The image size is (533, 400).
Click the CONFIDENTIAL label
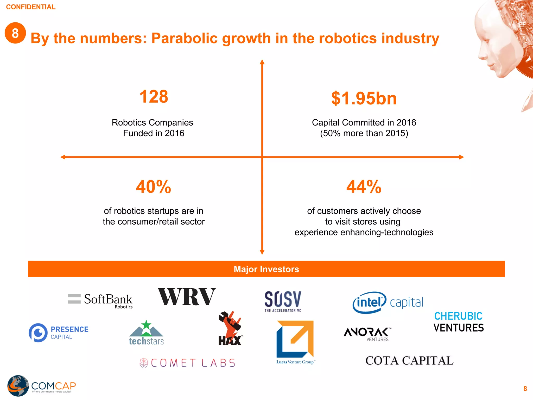coord(31,7)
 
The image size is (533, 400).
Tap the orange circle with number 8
coord(15,33)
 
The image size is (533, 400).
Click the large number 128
coord(154,97)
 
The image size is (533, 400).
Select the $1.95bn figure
coord(364,99)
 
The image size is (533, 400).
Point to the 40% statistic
coord(154,187)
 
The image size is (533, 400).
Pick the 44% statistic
coord(364,187)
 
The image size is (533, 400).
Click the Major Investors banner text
coord(266,269)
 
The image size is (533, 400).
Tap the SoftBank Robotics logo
coord(100,300)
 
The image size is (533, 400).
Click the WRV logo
coord(187,297)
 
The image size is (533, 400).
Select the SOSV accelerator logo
coord(283,301)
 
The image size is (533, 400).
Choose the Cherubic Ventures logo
coord(459,322)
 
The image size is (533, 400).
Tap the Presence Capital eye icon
coord(38,333)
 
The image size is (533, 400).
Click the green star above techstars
coord(146,325)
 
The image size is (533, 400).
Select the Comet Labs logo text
coord(193,363)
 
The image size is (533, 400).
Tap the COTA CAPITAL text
coord(409,361)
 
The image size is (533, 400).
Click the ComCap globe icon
coord(18,386)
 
